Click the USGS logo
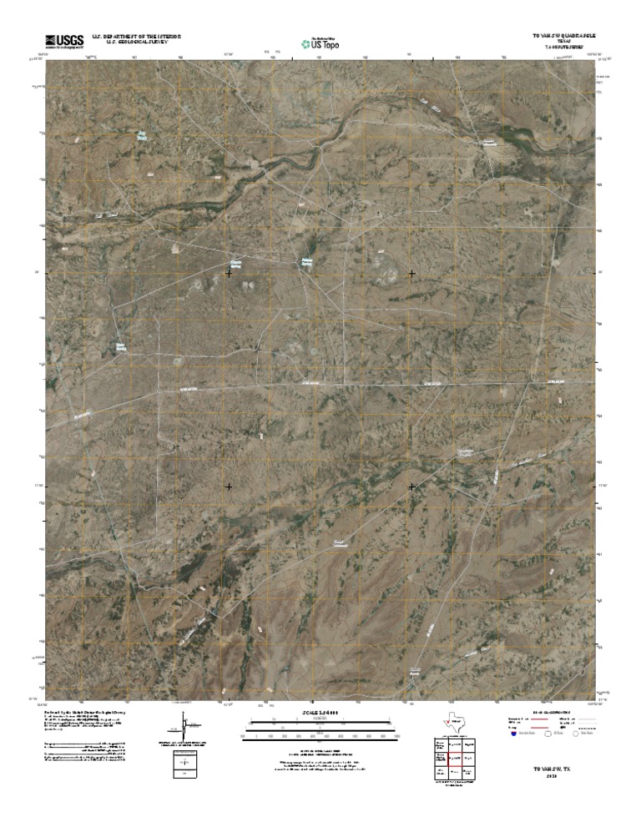pyautogui.click(x=64, y=40)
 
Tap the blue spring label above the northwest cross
pyautogui.click(x=236, y=262)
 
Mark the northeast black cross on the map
pyautogui.click(x=411, y=274)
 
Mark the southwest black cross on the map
pyautogui.click(x=229, y=487)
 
